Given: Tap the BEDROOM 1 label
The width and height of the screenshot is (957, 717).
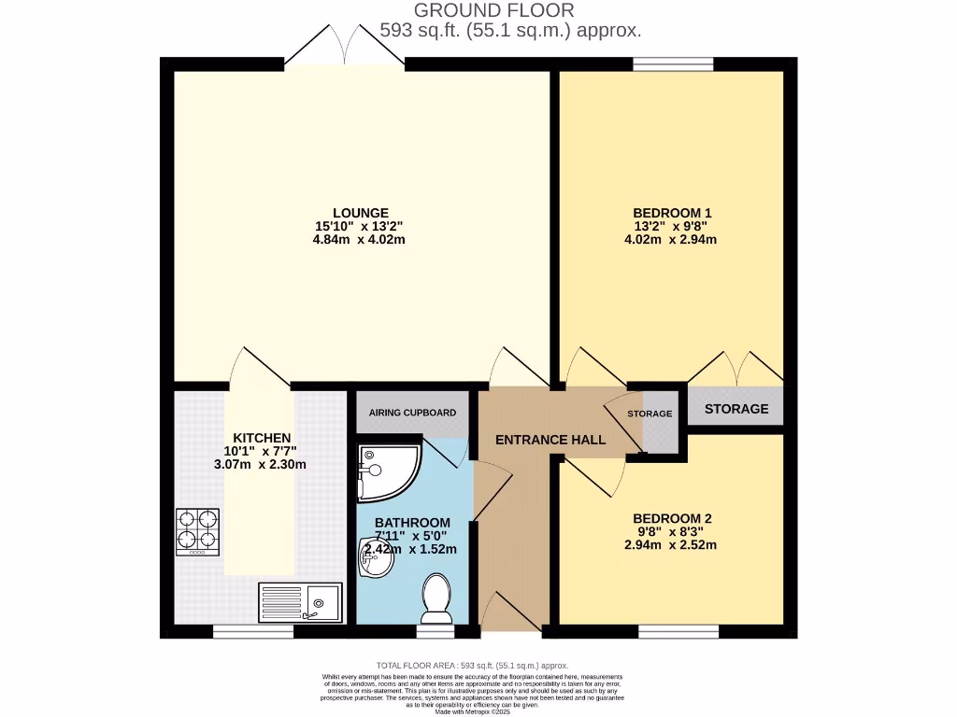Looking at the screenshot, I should pyautogui.click(x=671, y=213).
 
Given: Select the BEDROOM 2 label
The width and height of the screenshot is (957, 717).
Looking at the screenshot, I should pyautogui.click(x=672, y=518).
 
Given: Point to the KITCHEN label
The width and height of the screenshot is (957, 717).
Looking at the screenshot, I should pyautogui.click(x=262, y=438).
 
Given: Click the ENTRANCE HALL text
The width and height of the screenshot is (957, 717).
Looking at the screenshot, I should pyautogui.click(x=550, y=440).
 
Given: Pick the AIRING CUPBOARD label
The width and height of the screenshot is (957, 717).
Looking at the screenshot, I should pyautogui.click(x=412, y=413).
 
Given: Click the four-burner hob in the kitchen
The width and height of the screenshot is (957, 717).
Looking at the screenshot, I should pyautogui.click(x=197, y=531).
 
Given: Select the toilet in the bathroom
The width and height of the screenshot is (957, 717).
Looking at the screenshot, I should pyautogui.click(x=436, y=597).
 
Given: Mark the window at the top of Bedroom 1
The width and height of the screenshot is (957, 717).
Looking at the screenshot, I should pyautogui.click(x=673, y=64).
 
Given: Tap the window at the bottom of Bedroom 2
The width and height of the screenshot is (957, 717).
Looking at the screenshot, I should pyautogui.click(x=679, y=632).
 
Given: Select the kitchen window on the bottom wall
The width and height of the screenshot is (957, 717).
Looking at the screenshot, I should pyautogui.click(x=253, y=632).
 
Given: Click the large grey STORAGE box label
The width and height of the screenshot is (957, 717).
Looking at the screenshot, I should pyautogui.click(x=736, y=409).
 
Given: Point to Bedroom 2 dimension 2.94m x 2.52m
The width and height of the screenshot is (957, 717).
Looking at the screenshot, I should pyautogui.click(x=672, y=545).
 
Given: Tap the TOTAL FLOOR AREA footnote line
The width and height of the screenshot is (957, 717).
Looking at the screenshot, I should pyautogui.click(x=472, y=665).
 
